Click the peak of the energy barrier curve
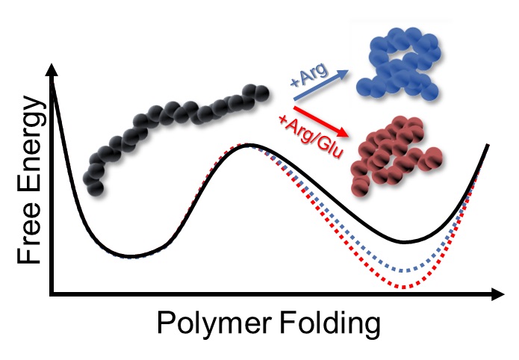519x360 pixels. (251, 145)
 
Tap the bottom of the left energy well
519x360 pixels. (131, 256)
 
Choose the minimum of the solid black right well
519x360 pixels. (404, 242)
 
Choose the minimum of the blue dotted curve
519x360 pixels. (404, 270)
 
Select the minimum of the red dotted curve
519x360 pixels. (404, 287)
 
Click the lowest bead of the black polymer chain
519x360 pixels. (96, 188)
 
